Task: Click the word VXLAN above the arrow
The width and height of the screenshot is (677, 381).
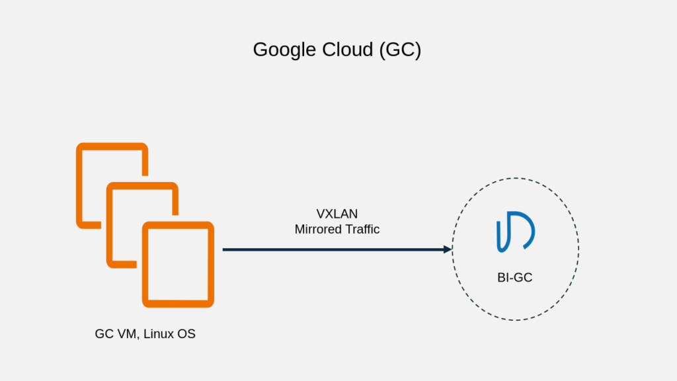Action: tap(337, 214)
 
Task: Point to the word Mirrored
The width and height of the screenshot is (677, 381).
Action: tap(319, 229)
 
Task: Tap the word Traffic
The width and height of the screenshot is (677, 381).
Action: tap(362, 229)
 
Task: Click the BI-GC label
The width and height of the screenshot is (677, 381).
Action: tap(514, 278)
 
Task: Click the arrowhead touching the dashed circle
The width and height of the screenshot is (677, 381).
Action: tap(448, 249)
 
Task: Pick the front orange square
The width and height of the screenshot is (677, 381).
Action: tap(178, 264)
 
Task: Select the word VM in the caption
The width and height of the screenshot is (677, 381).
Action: tap(126, 334)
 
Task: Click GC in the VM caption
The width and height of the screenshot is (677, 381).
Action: tap(104, 334)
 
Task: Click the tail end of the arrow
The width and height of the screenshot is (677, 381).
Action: tap(225, 249)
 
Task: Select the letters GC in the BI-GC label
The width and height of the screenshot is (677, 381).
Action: tap(523, 278)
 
